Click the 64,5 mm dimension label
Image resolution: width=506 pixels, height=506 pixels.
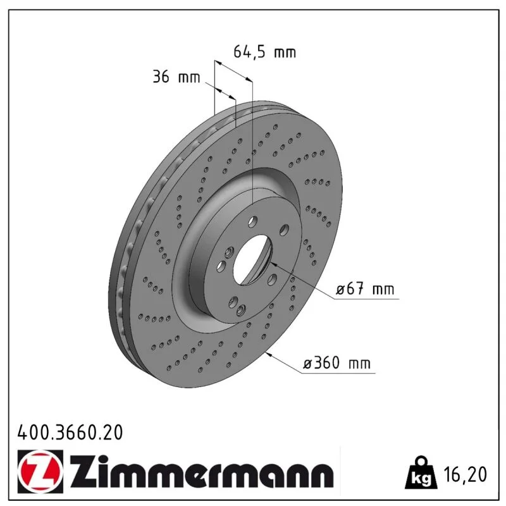[264, 52]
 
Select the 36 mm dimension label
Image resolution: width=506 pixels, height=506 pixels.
[176, 77]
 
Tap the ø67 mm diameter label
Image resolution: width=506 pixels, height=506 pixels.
[365, 288]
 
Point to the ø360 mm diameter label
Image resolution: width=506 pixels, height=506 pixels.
[336, 362]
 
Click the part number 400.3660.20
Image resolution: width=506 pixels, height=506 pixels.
[70, 433]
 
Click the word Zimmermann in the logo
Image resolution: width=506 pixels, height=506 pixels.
[201, 471]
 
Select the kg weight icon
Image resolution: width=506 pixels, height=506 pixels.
[421, 472]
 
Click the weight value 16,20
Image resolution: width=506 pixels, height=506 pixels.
[465, 474]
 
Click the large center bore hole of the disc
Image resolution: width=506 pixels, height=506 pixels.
[252, 259]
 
